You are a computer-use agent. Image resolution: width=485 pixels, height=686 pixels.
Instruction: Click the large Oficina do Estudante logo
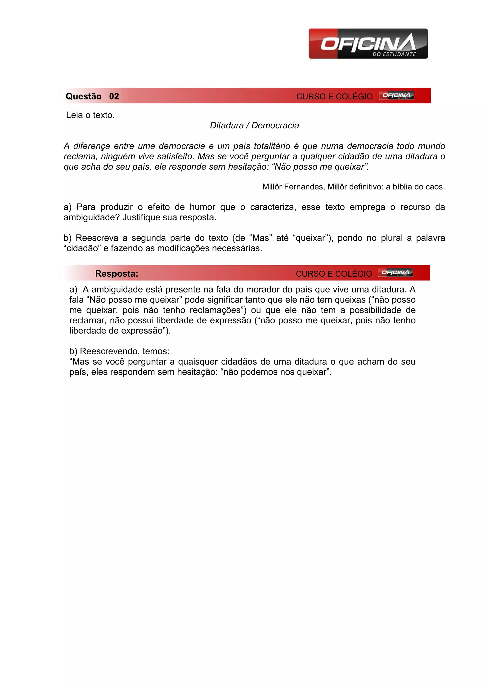coord(368,44)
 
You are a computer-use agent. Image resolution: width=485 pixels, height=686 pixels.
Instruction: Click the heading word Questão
coord(84,96)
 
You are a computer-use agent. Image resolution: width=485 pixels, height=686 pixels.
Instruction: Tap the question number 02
coord(114,96)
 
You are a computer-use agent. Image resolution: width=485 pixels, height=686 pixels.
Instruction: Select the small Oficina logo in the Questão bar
coord(396,95)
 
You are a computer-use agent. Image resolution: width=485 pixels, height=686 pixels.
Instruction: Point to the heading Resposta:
coord(117,274)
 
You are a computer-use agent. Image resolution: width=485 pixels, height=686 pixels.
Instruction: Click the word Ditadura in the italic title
coord(227,126)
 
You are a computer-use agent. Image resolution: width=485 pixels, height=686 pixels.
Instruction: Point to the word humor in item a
coord(202,207)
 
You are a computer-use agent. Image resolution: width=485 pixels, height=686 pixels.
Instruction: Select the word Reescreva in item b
coord(97,238)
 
